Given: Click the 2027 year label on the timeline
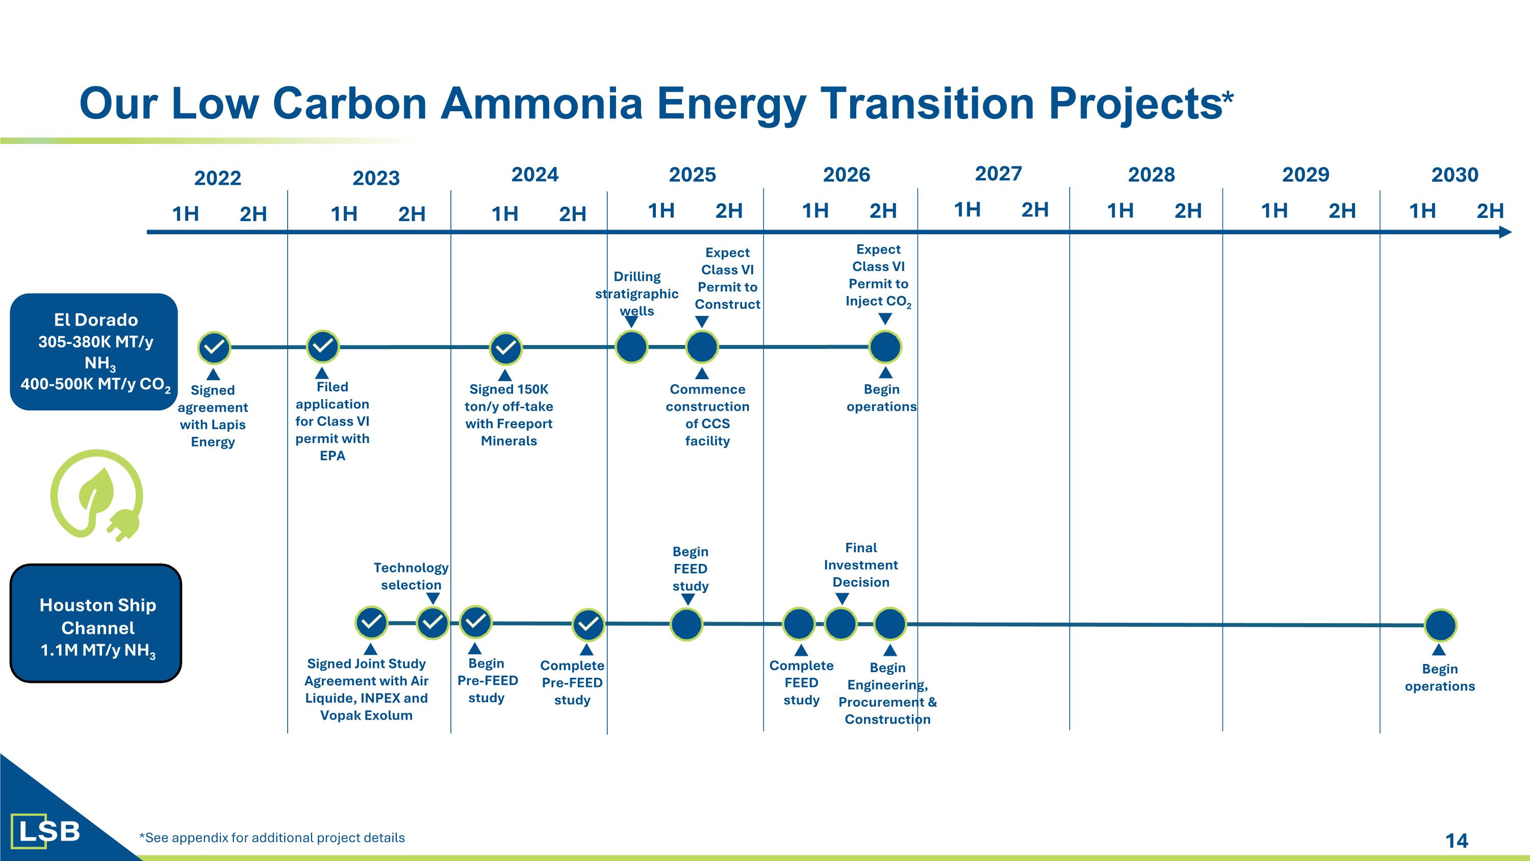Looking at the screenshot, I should pyautogui.click(x=998, y=174).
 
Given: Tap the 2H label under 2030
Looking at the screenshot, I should pyautogui.click(x=1490, y=211).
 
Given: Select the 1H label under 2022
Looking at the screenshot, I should pyautogui.click(x=185, y=214).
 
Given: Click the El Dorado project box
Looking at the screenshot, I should pyautogui.click(x=94, y=351).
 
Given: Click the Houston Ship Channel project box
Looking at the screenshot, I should pyautogui.click(x=96, y=623).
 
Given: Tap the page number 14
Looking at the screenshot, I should pyautogui.click(x=1457, y=840).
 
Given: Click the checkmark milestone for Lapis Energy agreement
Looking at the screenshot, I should pyautogui.click(x=214, y=348).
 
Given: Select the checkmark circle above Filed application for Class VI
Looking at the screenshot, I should pyautogui.click(x=322, y=347).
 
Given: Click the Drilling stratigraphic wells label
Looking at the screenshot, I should pyautogui.click(x=636, y=293).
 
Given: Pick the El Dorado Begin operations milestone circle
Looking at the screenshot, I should pyautogui.click(x=885, y=347).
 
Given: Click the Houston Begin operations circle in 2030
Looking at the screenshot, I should pyautogui.click(x=1440, y=625).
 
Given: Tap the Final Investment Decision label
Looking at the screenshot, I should pyautogui.click(x=861, y=564).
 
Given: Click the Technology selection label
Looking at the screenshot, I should pyautogui.click(x=411, y=576).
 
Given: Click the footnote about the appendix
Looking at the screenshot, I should pyautogui.click(x=272, y=838).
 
